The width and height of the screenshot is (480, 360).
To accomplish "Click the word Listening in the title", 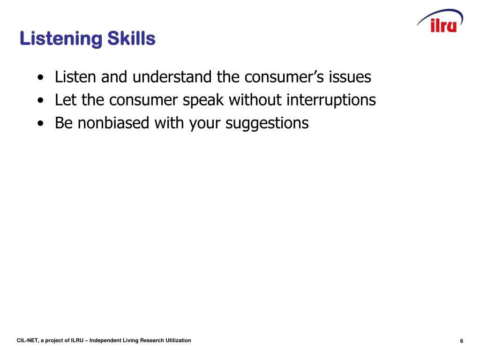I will [60, 38].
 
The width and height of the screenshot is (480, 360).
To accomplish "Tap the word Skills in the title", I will [131, 38].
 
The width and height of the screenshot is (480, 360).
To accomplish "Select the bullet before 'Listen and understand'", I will [43, 78].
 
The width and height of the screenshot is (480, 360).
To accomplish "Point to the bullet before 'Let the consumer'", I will [43, 101].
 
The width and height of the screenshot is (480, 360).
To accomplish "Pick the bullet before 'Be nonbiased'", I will [43, 124].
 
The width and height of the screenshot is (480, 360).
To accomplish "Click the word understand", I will [172, 76].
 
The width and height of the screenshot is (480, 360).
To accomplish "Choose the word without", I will [255, 100].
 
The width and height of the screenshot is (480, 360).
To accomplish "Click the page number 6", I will [462, 341].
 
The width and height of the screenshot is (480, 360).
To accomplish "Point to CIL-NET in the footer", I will [27, 340].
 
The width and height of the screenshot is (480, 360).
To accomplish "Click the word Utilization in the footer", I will [177, 340].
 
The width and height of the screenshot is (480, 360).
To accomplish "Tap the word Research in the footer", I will [151, 340].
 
